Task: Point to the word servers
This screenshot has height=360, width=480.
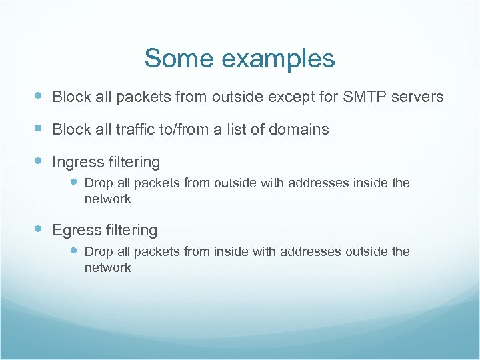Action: [417, 97]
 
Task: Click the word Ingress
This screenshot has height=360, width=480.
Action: [77, 163]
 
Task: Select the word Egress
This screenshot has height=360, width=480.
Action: [75, 231]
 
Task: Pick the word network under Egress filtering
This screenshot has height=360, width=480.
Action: [108, 268]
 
